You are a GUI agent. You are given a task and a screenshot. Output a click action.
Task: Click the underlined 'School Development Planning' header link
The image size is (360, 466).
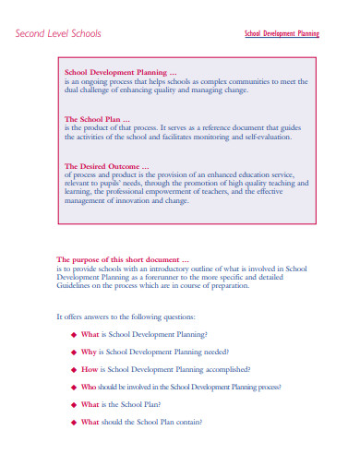282,33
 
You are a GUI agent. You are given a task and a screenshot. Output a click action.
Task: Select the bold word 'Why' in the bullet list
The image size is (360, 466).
89,352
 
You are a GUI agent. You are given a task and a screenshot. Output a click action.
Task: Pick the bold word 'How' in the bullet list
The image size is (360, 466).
90,369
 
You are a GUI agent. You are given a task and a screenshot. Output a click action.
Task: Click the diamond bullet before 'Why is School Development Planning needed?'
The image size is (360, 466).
74,352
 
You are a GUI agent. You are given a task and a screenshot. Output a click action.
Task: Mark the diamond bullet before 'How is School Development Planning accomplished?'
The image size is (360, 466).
74,369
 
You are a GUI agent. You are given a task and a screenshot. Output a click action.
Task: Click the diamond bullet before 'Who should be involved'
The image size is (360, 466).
74,387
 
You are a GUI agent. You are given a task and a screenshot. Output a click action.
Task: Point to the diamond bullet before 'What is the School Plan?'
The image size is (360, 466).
74,404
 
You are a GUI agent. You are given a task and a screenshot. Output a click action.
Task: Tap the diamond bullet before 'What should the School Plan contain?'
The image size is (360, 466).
74,422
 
